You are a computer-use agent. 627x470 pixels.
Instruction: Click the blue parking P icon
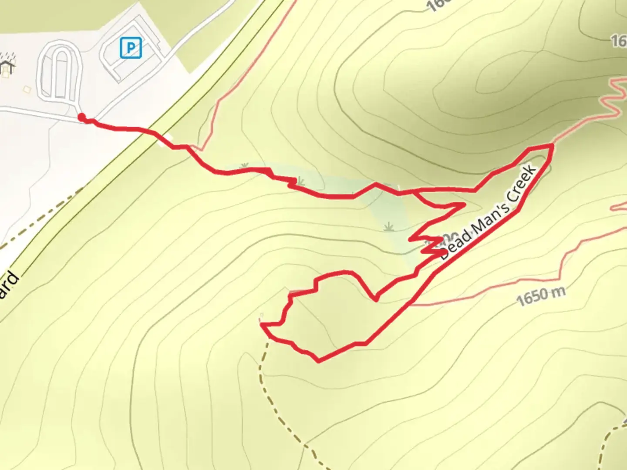(131, 47)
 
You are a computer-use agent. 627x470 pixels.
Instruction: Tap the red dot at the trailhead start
(81, 117)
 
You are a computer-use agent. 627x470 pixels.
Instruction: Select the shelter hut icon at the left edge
(6, 65)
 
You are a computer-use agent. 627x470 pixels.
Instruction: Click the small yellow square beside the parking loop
(27, 89)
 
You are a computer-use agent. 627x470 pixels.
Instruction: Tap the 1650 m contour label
(541, 296)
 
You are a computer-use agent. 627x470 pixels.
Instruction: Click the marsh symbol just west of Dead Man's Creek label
(388, 226)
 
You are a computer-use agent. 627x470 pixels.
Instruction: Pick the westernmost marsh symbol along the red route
(245, 166)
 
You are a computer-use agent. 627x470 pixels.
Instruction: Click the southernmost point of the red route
(319, 360)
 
